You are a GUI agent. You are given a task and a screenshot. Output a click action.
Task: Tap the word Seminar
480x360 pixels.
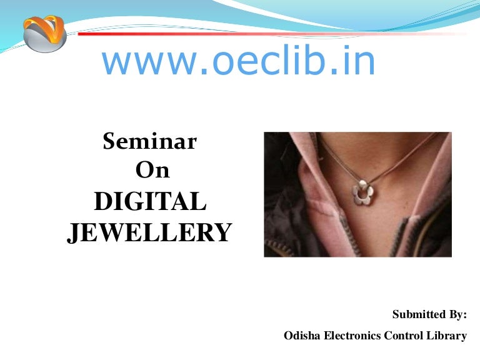tap(149, 142)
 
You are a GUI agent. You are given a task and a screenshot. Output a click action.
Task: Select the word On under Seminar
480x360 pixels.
tap(152, 171)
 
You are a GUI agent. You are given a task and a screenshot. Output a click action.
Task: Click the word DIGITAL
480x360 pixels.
tap(149, 202)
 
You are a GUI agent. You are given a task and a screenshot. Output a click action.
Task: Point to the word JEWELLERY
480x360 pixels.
tap(149, 233)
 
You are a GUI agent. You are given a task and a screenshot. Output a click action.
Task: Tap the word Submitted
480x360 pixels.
tap(421, 314)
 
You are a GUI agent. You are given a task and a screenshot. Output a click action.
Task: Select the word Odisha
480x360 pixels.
tap(302, 336)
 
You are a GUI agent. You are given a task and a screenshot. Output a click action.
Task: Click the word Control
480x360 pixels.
tap(406, 336)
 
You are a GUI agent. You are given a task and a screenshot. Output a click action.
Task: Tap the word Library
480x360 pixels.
tap(449, 336)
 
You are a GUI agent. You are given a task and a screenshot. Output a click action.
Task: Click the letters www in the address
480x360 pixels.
tap(137, 62)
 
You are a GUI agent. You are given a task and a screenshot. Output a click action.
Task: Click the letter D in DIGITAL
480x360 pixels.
tap(102, 202)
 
